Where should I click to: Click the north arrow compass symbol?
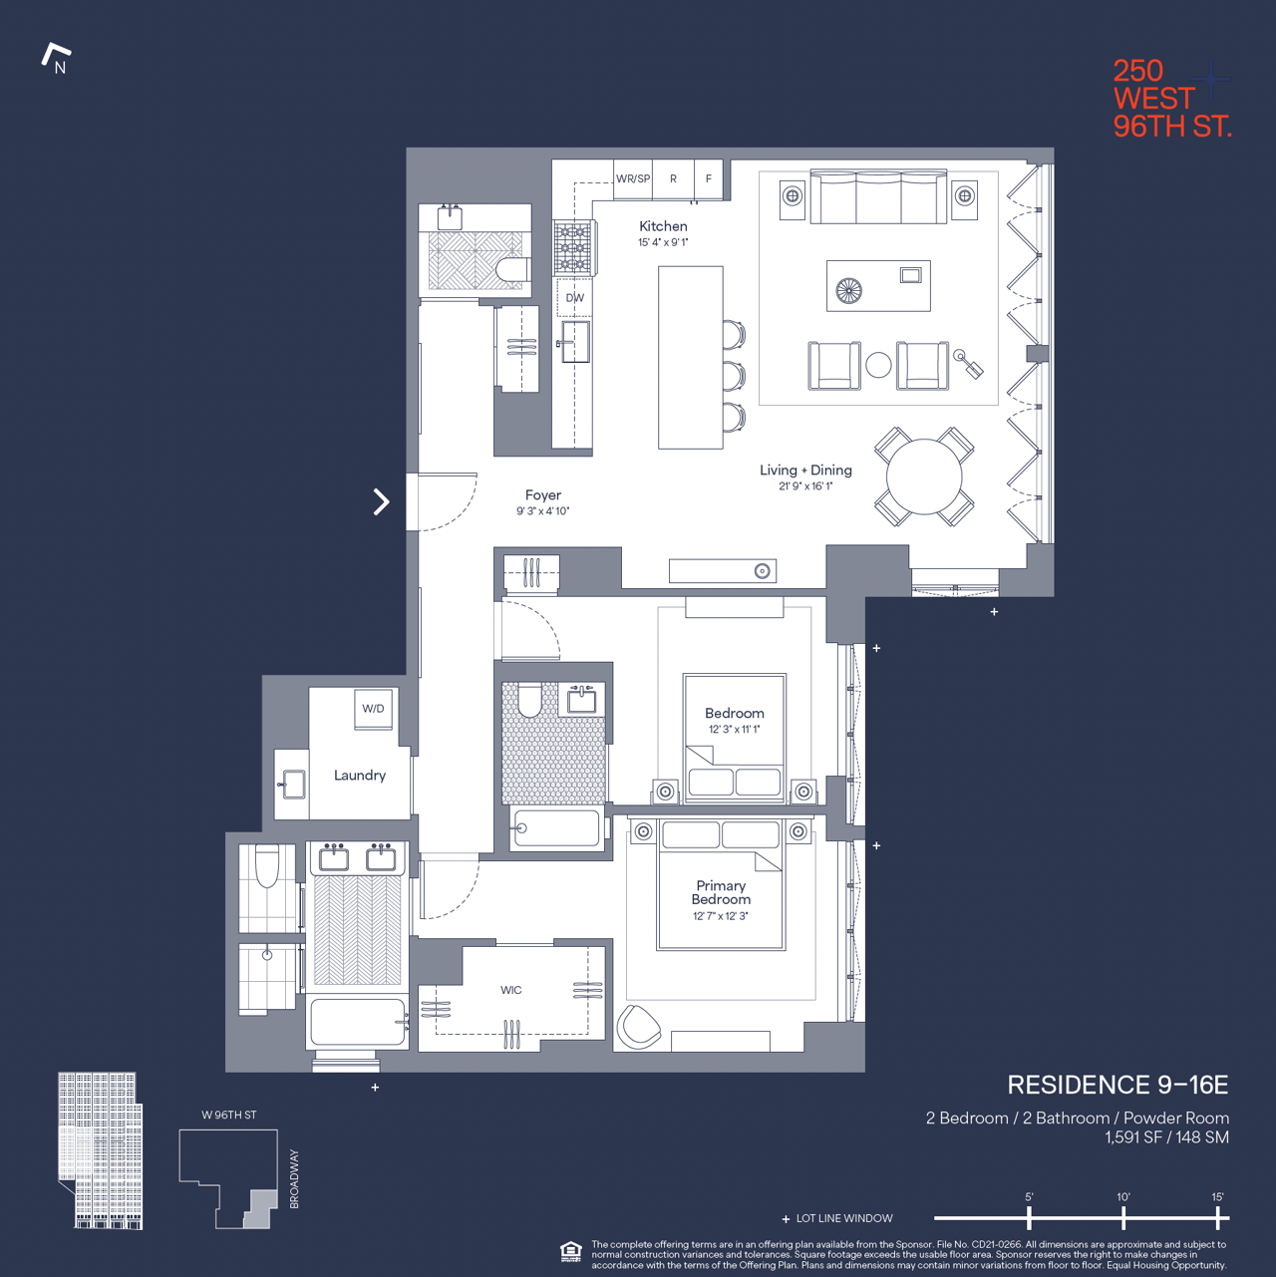(x=56, y=58)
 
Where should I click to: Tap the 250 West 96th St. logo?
(x=1171, y=98)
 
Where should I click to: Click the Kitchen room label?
(x=663, y=226)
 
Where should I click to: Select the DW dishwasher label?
(x=575, y=298)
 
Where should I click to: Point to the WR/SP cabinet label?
(x=633, y=179)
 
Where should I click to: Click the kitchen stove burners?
(x=572, y=248)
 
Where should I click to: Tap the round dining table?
(x=924, y=477)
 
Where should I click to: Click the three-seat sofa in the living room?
(x=878, y=197)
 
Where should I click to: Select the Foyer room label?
(x=543, y=495)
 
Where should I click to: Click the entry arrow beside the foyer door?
(x=381, y=501)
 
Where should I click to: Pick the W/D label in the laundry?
(x=373, y=709)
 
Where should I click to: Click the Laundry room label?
(x=359, y=776)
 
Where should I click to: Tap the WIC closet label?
(x=510, y=990)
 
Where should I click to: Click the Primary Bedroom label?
(x=721, y=892)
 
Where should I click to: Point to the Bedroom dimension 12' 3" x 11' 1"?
(x=735, y=730)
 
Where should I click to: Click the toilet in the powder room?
(x=511, y=270)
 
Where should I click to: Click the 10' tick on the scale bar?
(x=1123, y=1217)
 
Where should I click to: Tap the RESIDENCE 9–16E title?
(x=1116, y=1085)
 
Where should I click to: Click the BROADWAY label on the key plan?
(x=294, y=1179)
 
